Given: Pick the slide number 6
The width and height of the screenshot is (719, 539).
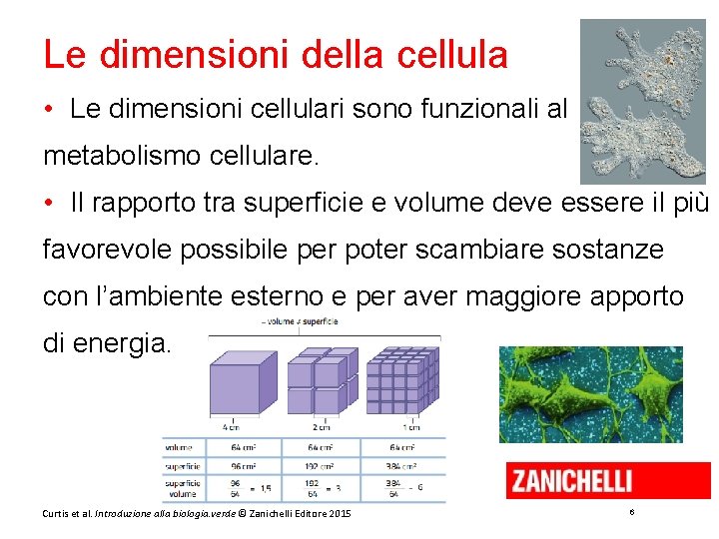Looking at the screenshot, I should [x=632, y=512].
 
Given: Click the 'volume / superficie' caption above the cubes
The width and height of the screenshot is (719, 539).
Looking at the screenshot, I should [x=300, y=322].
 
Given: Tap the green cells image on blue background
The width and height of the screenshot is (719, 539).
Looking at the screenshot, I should [x=591, y=393].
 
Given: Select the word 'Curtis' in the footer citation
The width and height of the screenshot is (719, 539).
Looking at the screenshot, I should [x=57, y=513].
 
